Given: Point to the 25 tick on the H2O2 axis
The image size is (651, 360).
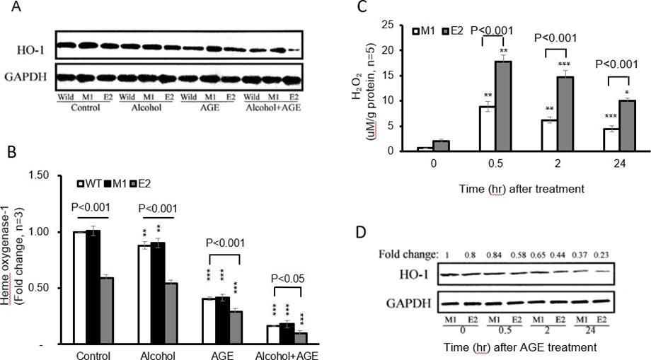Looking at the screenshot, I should (399, 25).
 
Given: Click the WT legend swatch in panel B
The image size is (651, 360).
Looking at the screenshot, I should (81, 184).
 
